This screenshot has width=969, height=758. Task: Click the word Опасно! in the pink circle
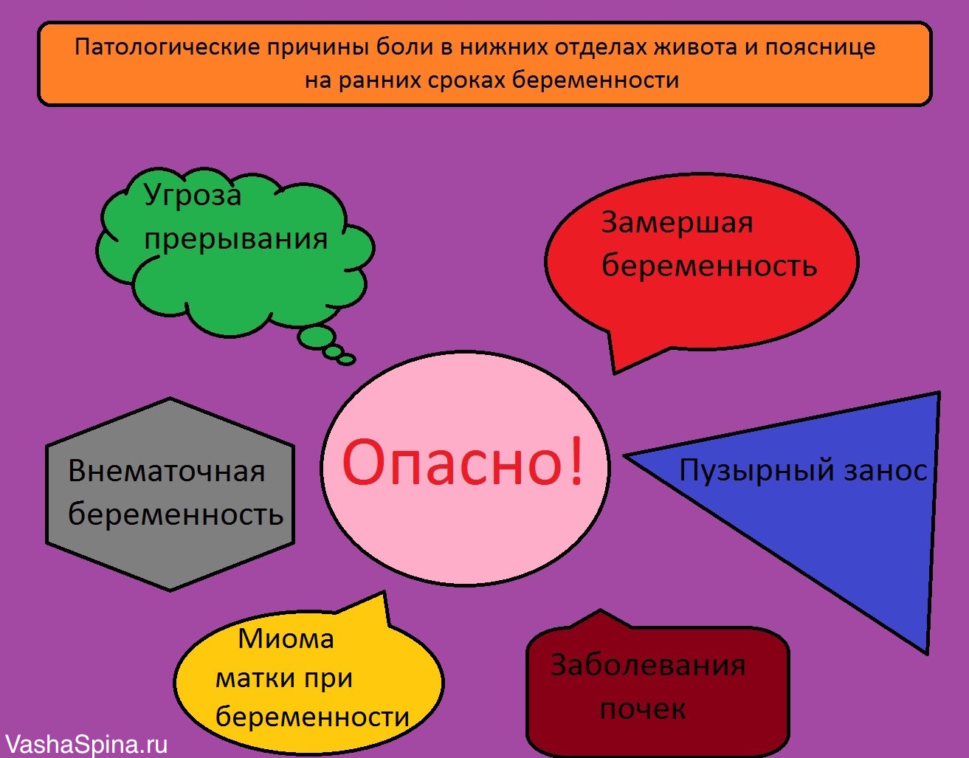(x=463, y=463)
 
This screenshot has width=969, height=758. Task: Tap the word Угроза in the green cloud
(x=193, y=196)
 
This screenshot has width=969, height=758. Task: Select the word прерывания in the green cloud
(x=235, y=239)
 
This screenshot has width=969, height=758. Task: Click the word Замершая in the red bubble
(x=677, y=222)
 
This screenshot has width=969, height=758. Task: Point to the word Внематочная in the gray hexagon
(x=166, y=471)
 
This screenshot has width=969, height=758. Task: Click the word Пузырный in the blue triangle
(x=745, y=471)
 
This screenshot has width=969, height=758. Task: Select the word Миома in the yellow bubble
(x=286, y=638)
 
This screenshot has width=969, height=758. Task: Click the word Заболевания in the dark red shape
(x=647, y=666)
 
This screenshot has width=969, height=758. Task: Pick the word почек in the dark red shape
(x=642, y=709)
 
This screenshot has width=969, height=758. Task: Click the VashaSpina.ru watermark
(x=85, y=744)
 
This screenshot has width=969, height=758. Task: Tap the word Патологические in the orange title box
(x=168, y=48)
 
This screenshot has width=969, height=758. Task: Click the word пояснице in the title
(x=820, y=48)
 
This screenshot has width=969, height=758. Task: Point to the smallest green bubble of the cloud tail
(x=347, y=360)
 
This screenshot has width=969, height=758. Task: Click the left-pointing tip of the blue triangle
(x=628, y=456)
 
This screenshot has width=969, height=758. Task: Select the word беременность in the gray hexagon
(x=176, y=514)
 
